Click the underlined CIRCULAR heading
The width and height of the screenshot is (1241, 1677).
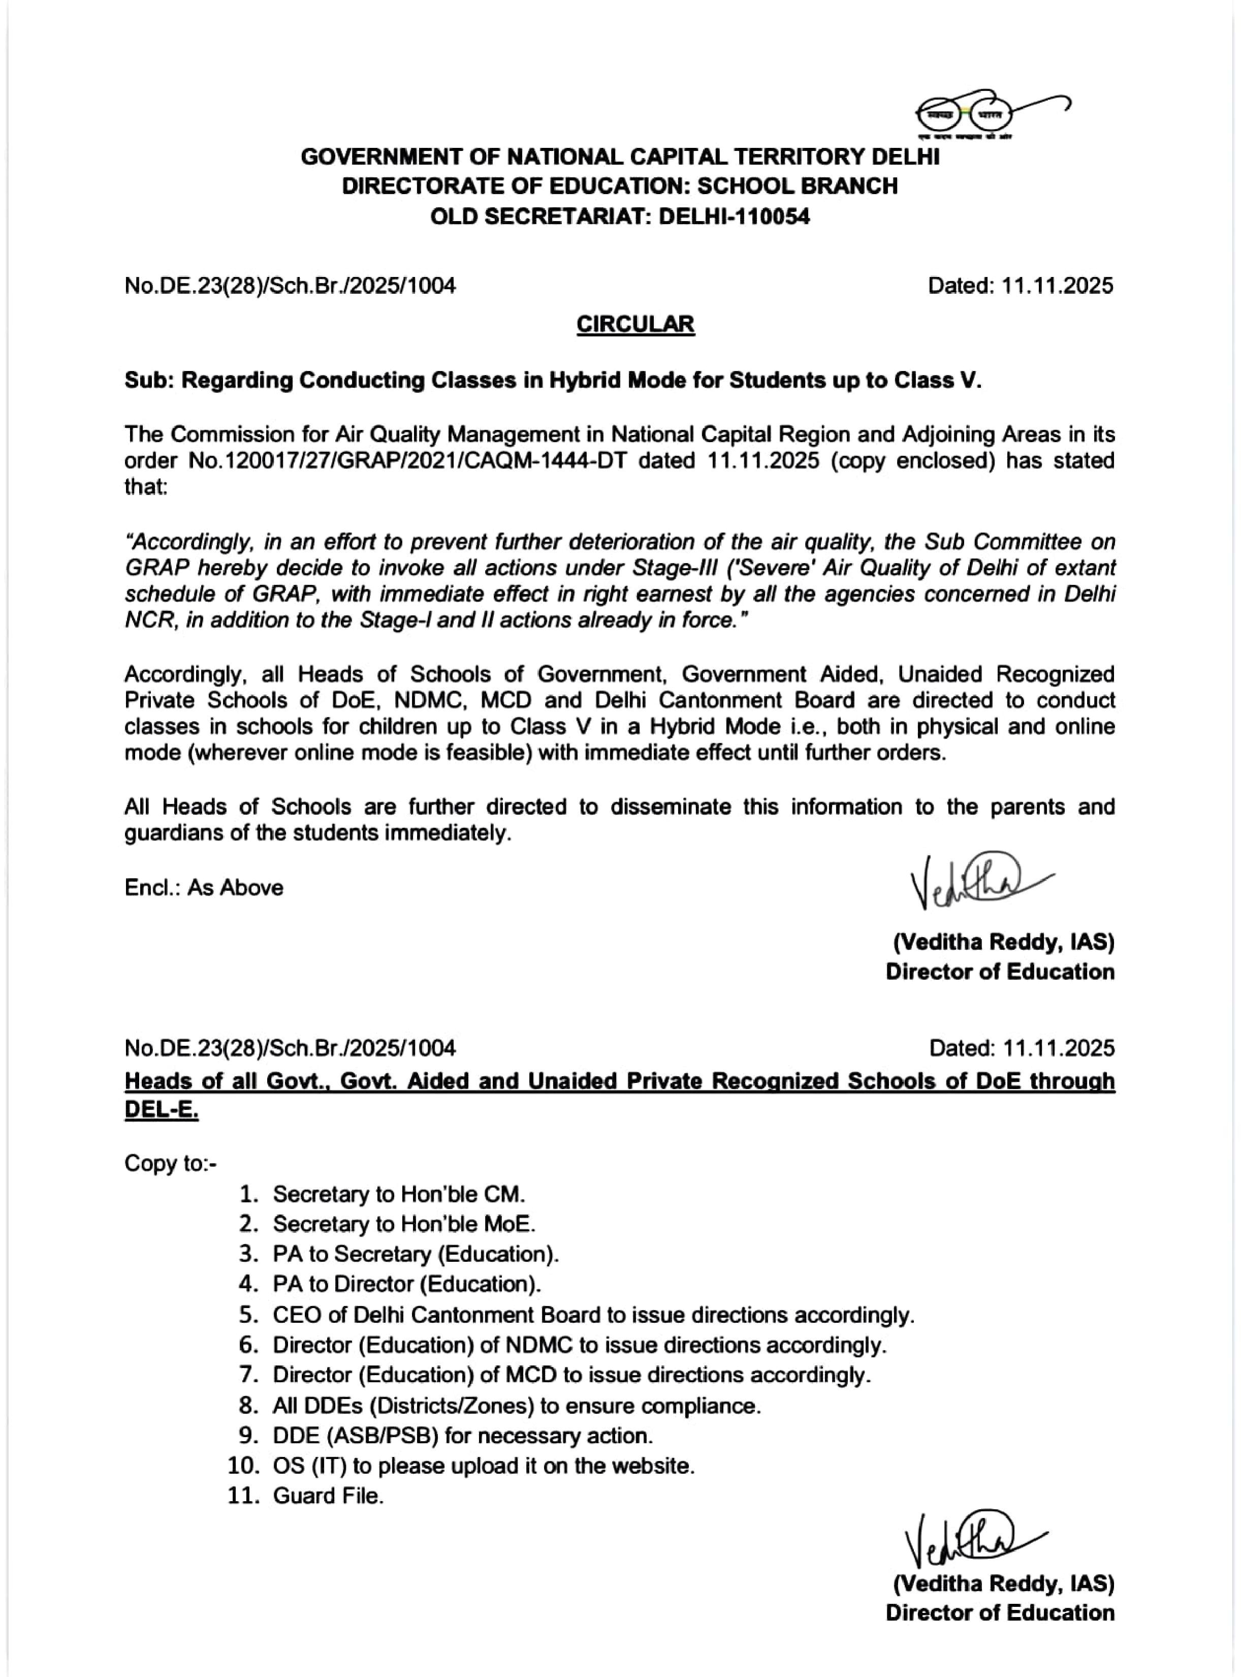click(x=635, y=325)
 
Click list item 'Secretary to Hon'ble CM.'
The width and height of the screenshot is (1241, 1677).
click(x=398, y=1194)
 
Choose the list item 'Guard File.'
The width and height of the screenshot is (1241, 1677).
click(x=328, y=1496)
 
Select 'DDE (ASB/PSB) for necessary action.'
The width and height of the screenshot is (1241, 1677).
click(x=462, y=1436)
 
